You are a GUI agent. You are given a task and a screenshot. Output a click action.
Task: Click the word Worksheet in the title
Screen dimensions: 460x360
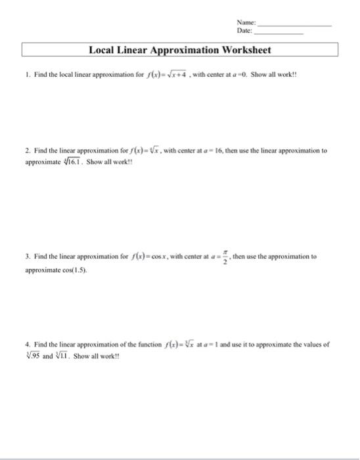point(242,50)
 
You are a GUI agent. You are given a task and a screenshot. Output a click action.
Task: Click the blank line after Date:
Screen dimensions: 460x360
point(279,32)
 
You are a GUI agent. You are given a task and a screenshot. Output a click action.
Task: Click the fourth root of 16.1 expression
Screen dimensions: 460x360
point(68,160)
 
